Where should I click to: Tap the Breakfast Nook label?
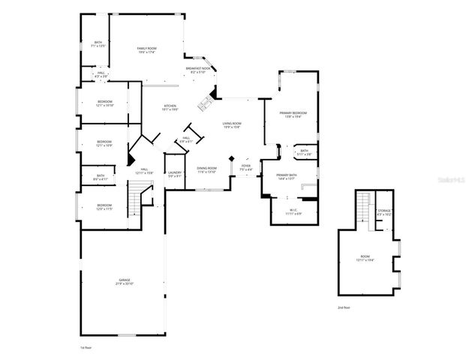click(x=200, y=70)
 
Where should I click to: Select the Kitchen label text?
click(x=170, y=107)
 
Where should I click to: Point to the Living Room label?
click(x=231, y=124)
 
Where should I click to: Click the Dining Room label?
click(x=206, y=169)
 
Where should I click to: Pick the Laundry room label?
click(x=175, y=174)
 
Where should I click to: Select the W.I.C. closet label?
click(x=293, y=211)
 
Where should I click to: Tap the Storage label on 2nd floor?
click(x=384, y=211)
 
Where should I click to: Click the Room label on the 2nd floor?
click(x=365, y=258)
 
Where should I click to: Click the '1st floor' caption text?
click(x=85, y=348)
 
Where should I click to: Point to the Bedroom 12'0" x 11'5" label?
click(x=104, y=206)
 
